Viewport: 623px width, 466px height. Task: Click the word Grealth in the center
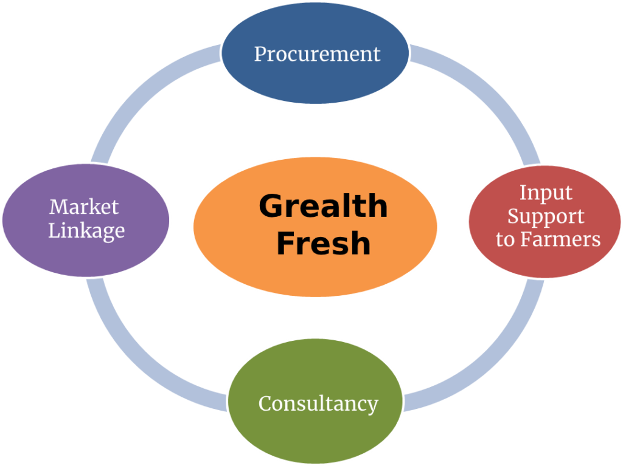[x=322, y=207]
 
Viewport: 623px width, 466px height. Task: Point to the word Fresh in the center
[x=323, y=243]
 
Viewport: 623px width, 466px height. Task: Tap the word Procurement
[x=317, y=53]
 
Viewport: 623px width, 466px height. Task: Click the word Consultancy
[x=318, y=403]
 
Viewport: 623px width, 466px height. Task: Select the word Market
[x=84, y=207]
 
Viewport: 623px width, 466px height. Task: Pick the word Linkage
[x=86, y=231]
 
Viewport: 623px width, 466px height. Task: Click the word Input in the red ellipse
[x=546, y=193]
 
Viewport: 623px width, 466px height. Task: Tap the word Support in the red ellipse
[x=546, y=216]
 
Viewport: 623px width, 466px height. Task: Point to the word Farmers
[x=566, y=239]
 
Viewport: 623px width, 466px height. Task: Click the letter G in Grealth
[x=272, y=207]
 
